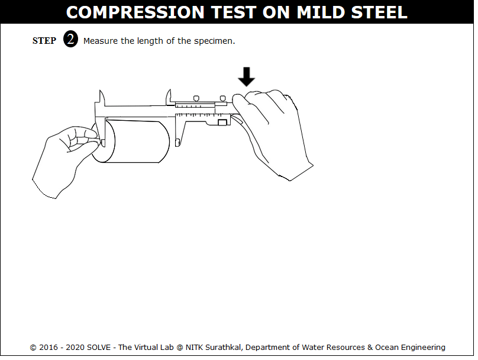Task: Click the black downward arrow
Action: point(246,76)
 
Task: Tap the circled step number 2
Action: point(70,39)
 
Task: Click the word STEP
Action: point(44,41)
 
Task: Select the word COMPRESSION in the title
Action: point(135,12)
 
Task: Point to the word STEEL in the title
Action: point(379,12)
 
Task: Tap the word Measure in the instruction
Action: point(101,41)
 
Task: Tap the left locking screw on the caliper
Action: point(196,98)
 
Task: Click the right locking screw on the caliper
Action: point(223,98)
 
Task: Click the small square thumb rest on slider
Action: point(222,123)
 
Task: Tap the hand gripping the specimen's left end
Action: point(66,160)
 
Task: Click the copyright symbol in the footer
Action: point(33,348)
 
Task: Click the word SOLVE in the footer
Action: point(99,348)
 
